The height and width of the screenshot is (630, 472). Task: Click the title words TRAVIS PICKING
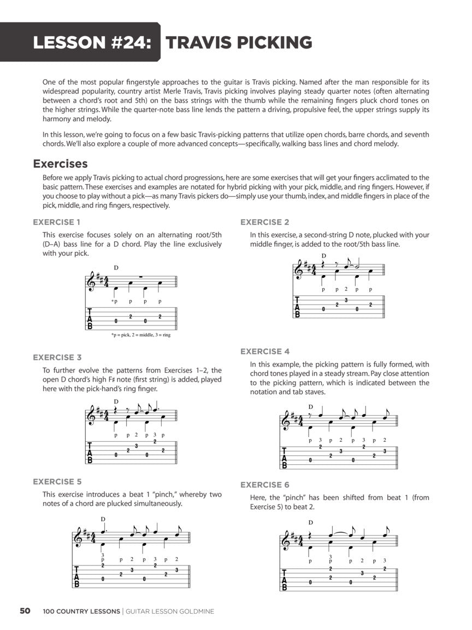pos(239,42)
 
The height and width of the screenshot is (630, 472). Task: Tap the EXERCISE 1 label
pos(57,222)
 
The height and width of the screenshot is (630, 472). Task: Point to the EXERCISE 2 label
pos(265,222)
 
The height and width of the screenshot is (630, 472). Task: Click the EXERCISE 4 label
pos(265,351)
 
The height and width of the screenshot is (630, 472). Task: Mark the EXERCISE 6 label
pos(265,485)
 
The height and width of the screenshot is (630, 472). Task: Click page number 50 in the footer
pos(25,611)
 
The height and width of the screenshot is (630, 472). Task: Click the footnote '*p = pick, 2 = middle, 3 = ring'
pos(140,335)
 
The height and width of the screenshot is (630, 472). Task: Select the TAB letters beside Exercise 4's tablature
pos(285,459)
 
